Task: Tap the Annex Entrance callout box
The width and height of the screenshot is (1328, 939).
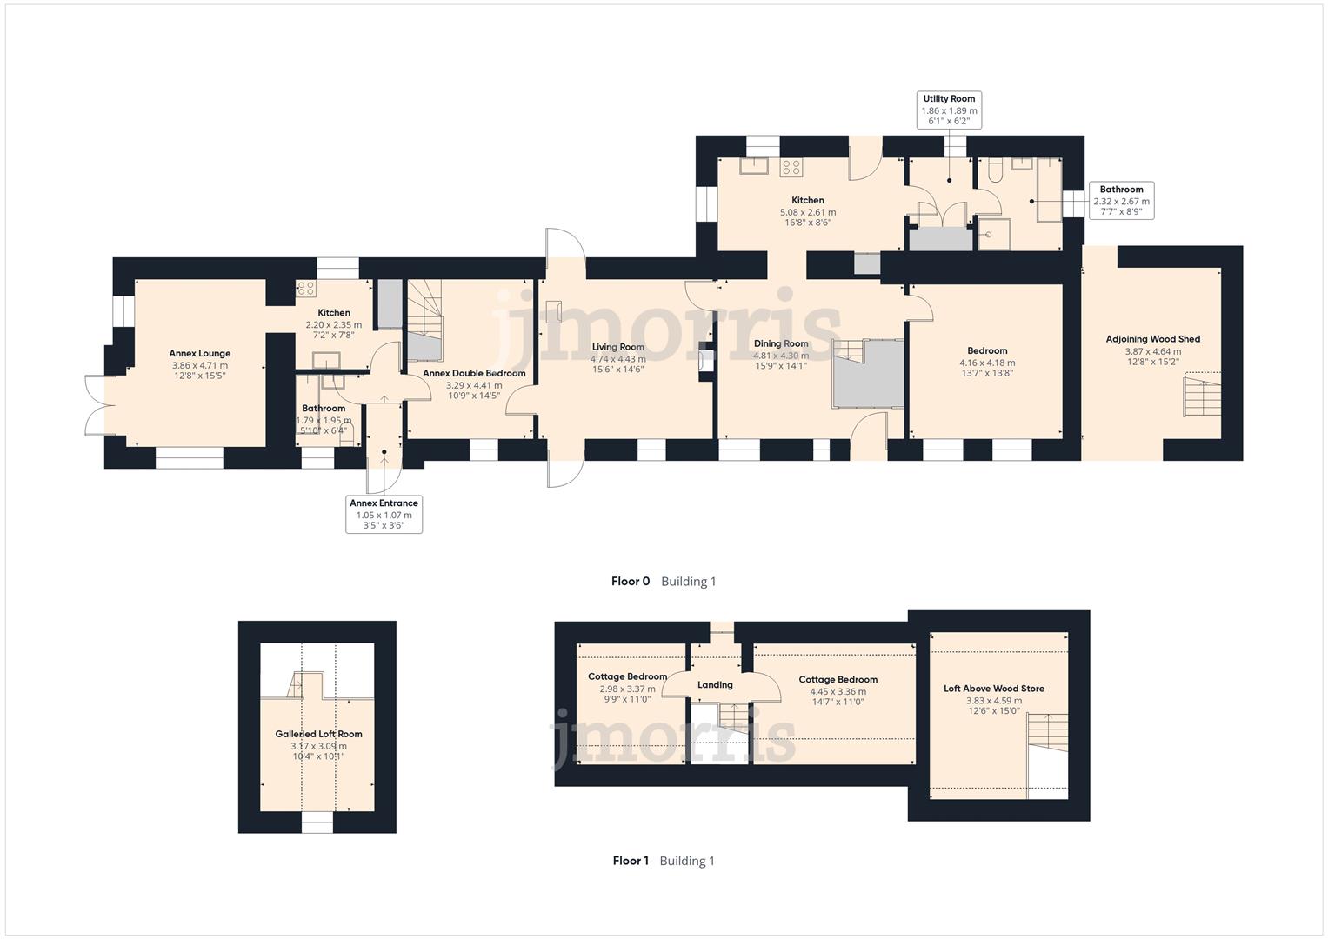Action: click(x=384, y=514)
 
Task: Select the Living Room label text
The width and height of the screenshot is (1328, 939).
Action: click(x=617, y=347)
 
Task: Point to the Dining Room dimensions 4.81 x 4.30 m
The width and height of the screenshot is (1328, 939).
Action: click(x=780, y=356)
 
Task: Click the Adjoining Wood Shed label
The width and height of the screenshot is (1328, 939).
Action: click(x=1152, y=339)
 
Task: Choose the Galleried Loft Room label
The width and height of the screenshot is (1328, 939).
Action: click(x=318, y=734)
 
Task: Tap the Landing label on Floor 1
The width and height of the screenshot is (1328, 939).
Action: click(x=715, y=685)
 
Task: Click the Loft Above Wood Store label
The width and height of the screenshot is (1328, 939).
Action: click(x=993, y=689)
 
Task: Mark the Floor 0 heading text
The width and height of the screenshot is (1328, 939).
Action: click(x=630, y=582)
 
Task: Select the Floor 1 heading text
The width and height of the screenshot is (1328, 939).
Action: click(x=631, y=861)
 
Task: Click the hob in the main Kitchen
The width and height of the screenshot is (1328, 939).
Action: click(x=791, y=167)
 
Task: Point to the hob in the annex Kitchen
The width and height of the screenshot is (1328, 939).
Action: click(x=305, y=289)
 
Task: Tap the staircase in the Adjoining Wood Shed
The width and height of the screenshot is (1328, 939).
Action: click(x=1200, y=396)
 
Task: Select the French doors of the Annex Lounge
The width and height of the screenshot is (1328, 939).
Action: click(x=97, y=405)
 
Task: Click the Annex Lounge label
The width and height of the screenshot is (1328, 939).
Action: click(x=199, y=354)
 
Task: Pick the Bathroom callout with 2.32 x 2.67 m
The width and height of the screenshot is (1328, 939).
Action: click(x=1121, y=200)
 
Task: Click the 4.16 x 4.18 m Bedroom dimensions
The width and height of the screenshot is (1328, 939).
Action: click(x=986, y=363)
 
